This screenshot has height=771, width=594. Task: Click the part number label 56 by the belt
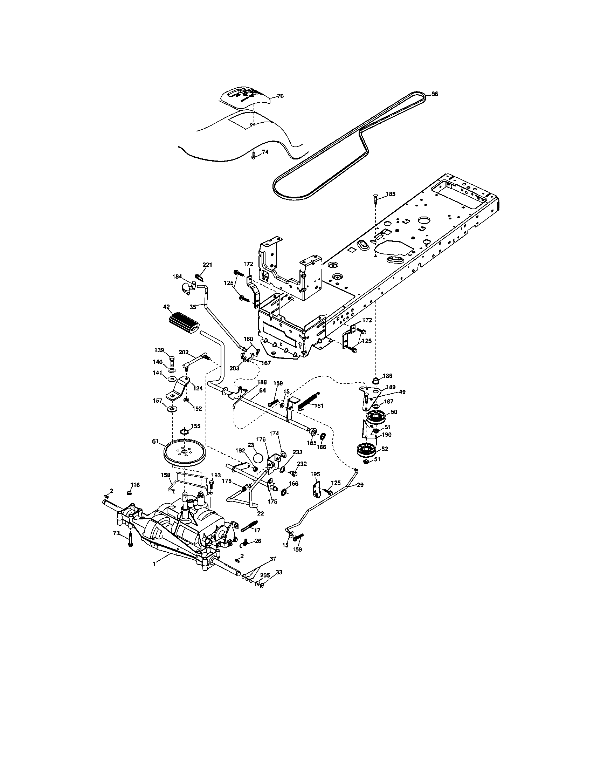pyautogui.click(x=435, y=94)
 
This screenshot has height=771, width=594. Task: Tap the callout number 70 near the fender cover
pyautogui.click(x=281, y=96)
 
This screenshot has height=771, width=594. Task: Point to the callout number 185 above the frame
pyautogui.click(x=391, y=194)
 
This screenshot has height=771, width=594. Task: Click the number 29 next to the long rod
pyautogui.click(x=360, y=485)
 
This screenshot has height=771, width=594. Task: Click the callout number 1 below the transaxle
pyautogui.click(x=154, y=564)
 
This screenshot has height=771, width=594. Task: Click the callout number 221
pyautogui.click(x=207, y=265)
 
